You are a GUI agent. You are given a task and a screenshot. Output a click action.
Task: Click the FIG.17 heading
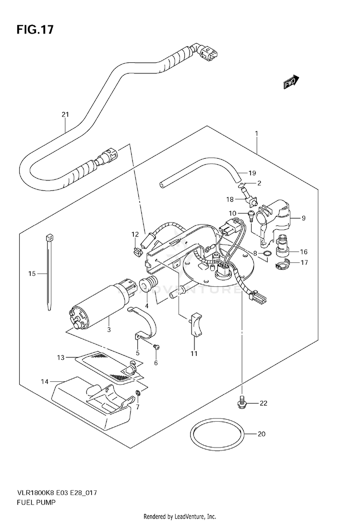click(x=35, y=30)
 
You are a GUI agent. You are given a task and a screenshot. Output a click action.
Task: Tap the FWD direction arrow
click(x=291, y=82)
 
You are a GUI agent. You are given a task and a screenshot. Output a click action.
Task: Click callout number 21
click(x=65, y=115)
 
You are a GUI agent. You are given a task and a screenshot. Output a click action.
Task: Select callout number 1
click(x=257, y=133)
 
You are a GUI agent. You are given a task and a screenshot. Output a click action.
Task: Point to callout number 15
click(x=32, y=274)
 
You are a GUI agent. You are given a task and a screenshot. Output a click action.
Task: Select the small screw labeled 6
click(x=156, y=347)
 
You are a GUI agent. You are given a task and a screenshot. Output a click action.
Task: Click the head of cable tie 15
click(x=49, y=238)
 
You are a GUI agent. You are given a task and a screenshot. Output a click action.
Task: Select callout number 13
click(x=61, y=357)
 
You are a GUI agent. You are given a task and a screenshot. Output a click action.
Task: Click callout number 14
click(x=45, y=382)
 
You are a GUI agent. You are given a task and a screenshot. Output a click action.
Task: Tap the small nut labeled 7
click(x=138, y=394)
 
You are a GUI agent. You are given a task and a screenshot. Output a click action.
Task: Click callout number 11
click(x=194, y=354)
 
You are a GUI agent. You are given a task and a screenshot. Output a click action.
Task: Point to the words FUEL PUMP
click(x=36, y=502)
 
